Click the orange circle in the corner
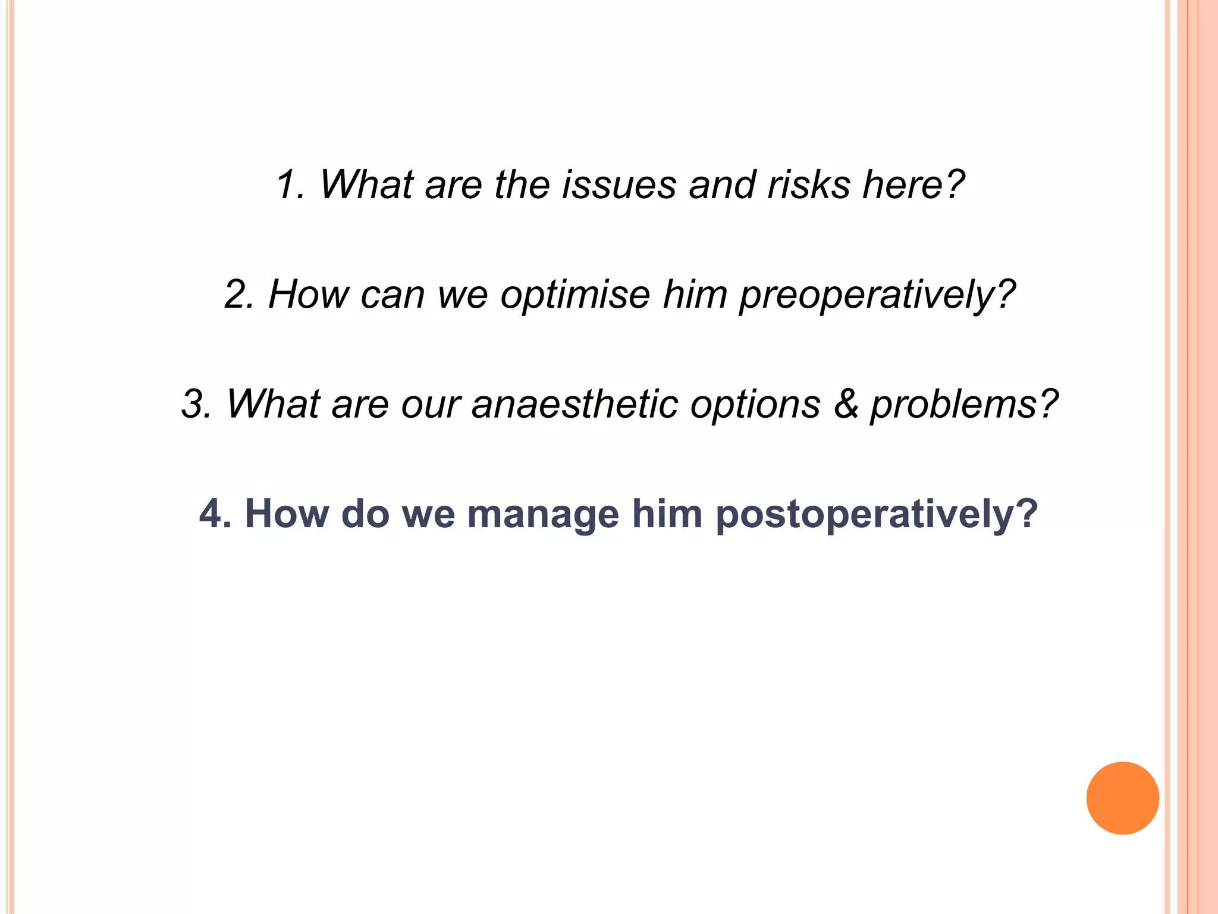pos(1122,798)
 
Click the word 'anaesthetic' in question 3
pos(575,405)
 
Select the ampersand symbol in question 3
pos(845,405)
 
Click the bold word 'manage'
pos(543,515)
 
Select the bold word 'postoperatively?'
pos(877,515)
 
